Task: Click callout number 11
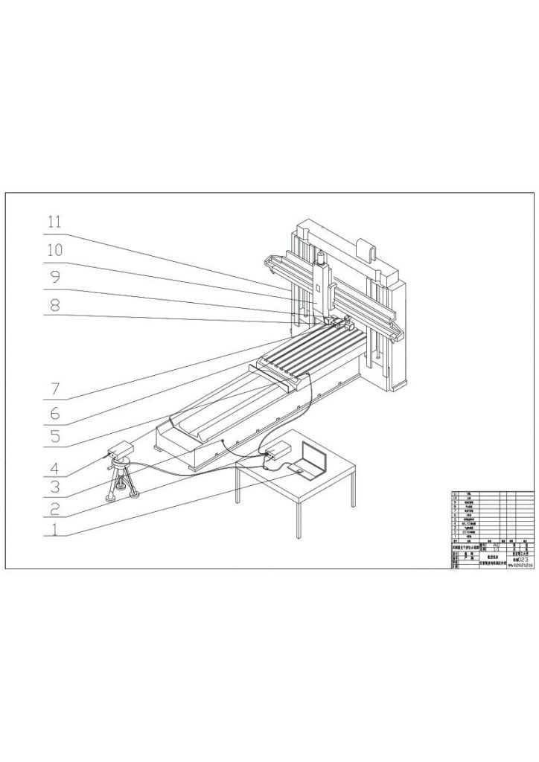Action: tap(55, 222)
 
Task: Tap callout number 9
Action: tap(55, 278)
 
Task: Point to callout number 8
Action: tap(55, 305)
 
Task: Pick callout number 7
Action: tap(55, 388)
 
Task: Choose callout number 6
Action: tap(55, 412)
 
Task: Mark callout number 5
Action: tap(55, 438)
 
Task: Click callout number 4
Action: tap(55, 469)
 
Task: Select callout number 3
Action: tap(55, 487)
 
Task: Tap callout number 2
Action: tap(55, 509)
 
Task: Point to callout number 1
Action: tap(55, 531)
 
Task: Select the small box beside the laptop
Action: tap(280, 451)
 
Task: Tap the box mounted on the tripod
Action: tap(119, 450)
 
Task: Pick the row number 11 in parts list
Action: tap(455, 493)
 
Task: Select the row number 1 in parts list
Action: tap(455, 537)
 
